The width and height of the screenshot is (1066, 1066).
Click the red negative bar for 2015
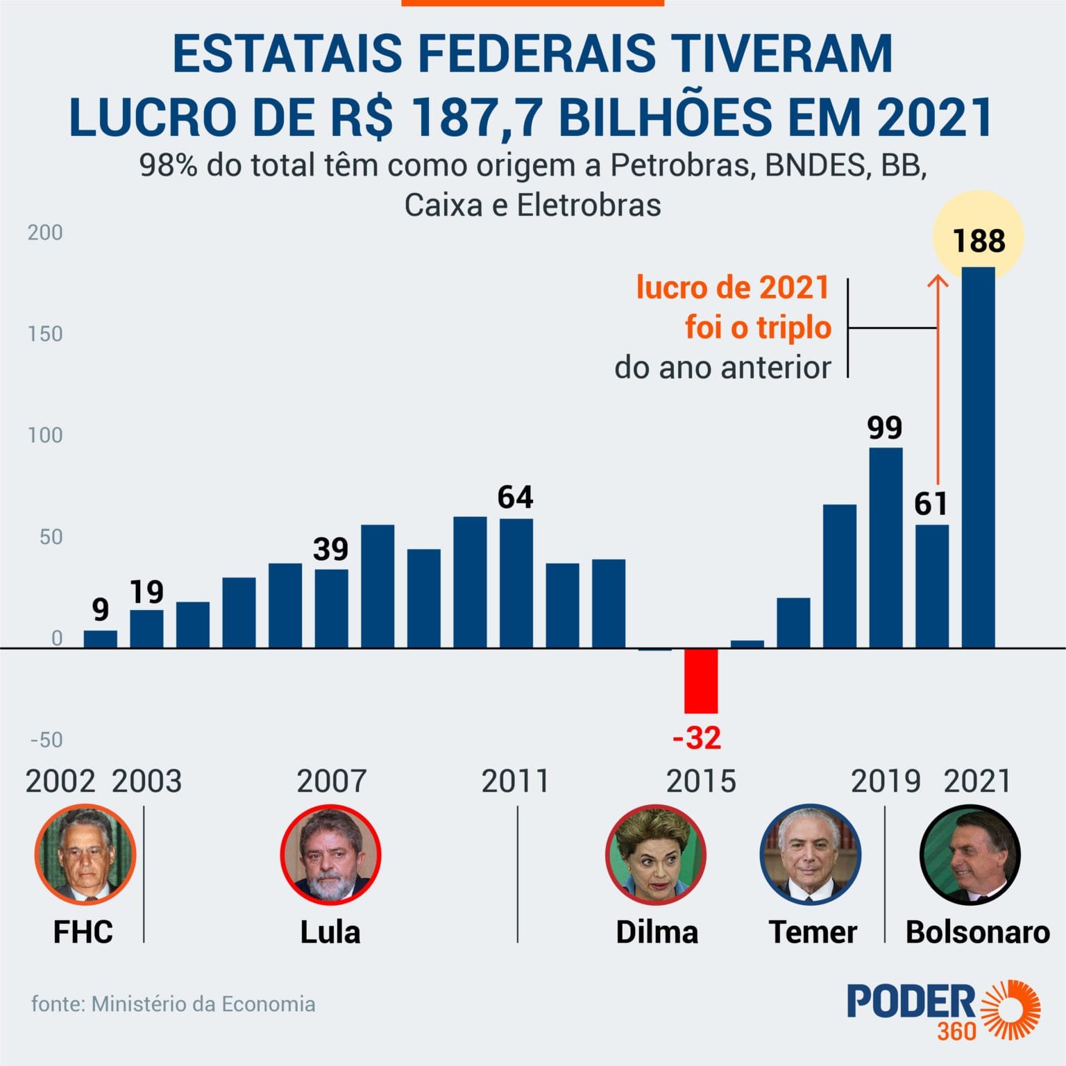701,680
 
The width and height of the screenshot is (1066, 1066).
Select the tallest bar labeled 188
978,458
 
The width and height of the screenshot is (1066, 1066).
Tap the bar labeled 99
886,548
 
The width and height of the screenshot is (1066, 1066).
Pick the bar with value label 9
101,638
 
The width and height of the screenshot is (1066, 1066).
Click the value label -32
697,738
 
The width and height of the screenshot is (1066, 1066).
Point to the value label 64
515,498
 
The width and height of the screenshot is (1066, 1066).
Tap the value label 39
330,550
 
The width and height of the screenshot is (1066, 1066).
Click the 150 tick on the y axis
45,334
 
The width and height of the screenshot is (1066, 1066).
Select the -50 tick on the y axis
46,740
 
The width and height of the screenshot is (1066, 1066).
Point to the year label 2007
331,781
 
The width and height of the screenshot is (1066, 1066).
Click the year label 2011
515,781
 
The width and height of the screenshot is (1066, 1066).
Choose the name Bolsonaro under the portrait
977,932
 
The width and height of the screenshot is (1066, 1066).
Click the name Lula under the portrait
330,932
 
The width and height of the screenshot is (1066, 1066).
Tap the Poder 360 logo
944,1010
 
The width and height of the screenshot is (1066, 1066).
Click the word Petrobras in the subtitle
683,166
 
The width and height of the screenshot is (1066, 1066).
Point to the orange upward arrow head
938,281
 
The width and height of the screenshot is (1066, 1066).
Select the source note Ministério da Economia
203,1004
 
